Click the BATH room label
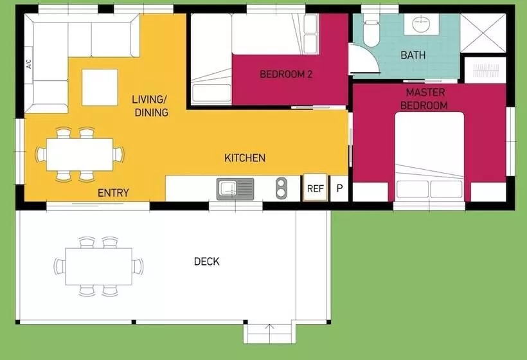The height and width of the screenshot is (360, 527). point(413,55)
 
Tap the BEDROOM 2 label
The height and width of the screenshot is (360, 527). point(286,75)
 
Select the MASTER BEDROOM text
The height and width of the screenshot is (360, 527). point(425,99)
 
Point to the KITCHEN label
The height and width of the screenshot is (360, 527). point(245,158)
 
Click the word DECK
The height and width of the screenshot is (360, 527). point(207,262)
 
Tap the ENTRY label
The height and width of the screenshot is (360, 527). point(113,193)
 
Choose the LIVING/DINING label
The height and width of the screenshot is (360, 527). point(150,106)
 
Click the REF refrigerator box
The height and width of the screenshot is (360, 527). point(316,188)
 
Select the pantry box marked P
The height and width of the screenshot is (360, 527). point(339,188)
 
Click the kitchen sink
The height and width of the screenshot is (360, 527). point(235,189)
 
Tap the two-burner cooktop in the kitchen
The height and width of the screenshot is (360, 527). point(281,188)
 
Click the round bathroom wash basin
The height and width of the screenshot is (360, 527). point(421,24)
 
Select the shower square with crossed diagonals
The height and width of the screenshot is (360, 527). point(483,33)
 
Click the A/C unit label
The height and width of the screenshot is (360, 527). point(29,64)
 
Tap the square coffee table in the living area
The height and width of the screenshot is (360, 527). point(100,87)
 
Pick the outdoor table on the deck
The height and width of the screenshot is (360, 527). point(98,267)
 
